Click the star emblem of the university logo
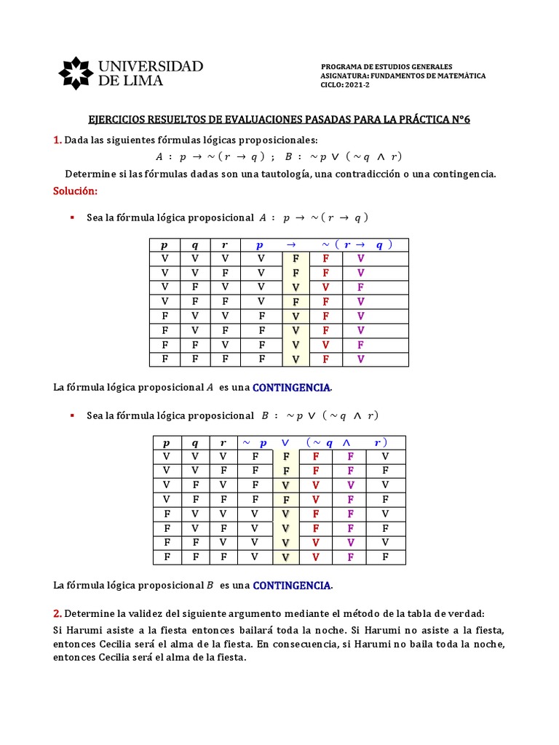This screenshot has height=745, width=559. tap(75, 73)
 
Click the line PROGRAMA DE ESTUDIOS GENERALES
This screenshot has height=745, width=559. tap(386, 66)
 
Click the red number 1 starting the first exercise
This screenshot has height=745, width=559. tap(57, 140)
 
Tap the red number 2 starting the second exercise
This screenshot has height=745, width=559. tap(58, 613)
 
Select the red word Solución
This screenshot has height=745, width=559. tap(75, 191)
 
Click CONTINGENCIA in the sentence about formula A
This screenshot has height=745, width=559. tap(291, 388)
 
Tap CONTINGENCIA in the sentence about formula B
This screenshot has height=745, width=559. tap(291, 585)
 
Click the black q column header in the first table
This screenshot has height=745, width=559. tap(195, 245)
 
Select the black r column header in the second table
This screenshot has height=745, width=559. tap(223, 442)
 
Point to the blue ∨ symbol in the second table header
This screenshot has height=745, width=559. tap(285, 442)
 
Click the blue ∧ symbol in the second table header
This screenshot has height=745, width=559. tap(346, 442)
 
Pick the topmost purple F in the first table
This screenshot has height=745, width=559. tap(360, 287)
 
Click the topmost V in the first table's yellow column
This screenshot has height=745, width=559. tap(296, 287)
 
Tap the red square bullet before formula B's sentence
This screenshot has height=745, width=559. tap(72, 415)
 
